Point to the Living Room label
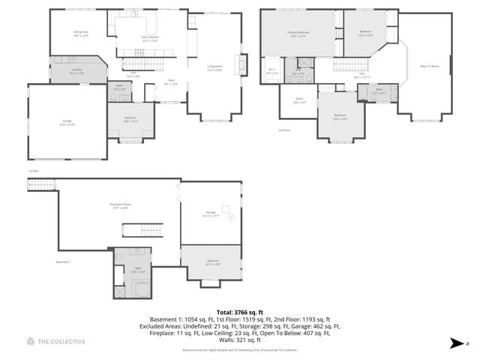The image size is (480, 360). (214, 68)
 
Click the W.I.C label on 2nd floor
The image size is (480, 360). (273, 71)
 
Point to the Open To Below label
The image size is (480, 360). (429, 66)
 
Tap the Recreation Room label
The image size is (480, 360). (120, 206)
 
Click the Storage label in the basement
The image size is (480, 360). (211, 214)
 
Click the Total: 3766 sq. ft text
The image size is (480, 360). (240, 311)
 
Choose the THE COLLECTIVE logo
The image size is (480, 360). (56, 342)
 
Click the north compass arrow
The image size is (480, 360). (455, 343)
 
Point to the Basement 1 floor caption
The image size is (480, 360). (64, 262)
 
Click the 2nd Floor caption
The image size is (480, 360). (284, 130)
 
